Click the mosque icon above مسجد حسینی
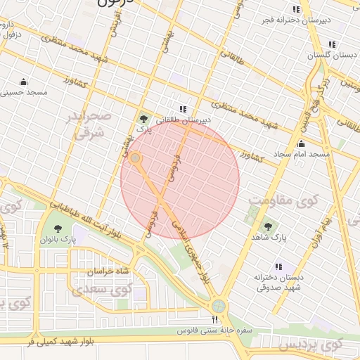coord(24,81)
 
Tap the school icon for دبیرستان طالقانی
coord(184,109)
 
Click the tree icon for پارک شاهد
coord(266,226)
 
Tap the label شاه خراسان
coord(109,271)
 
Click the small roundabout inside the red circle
coord(135,160)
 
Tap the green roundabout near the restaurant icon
coord(219,307)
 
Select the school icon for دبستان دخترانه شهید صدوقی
coord(280,266)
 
